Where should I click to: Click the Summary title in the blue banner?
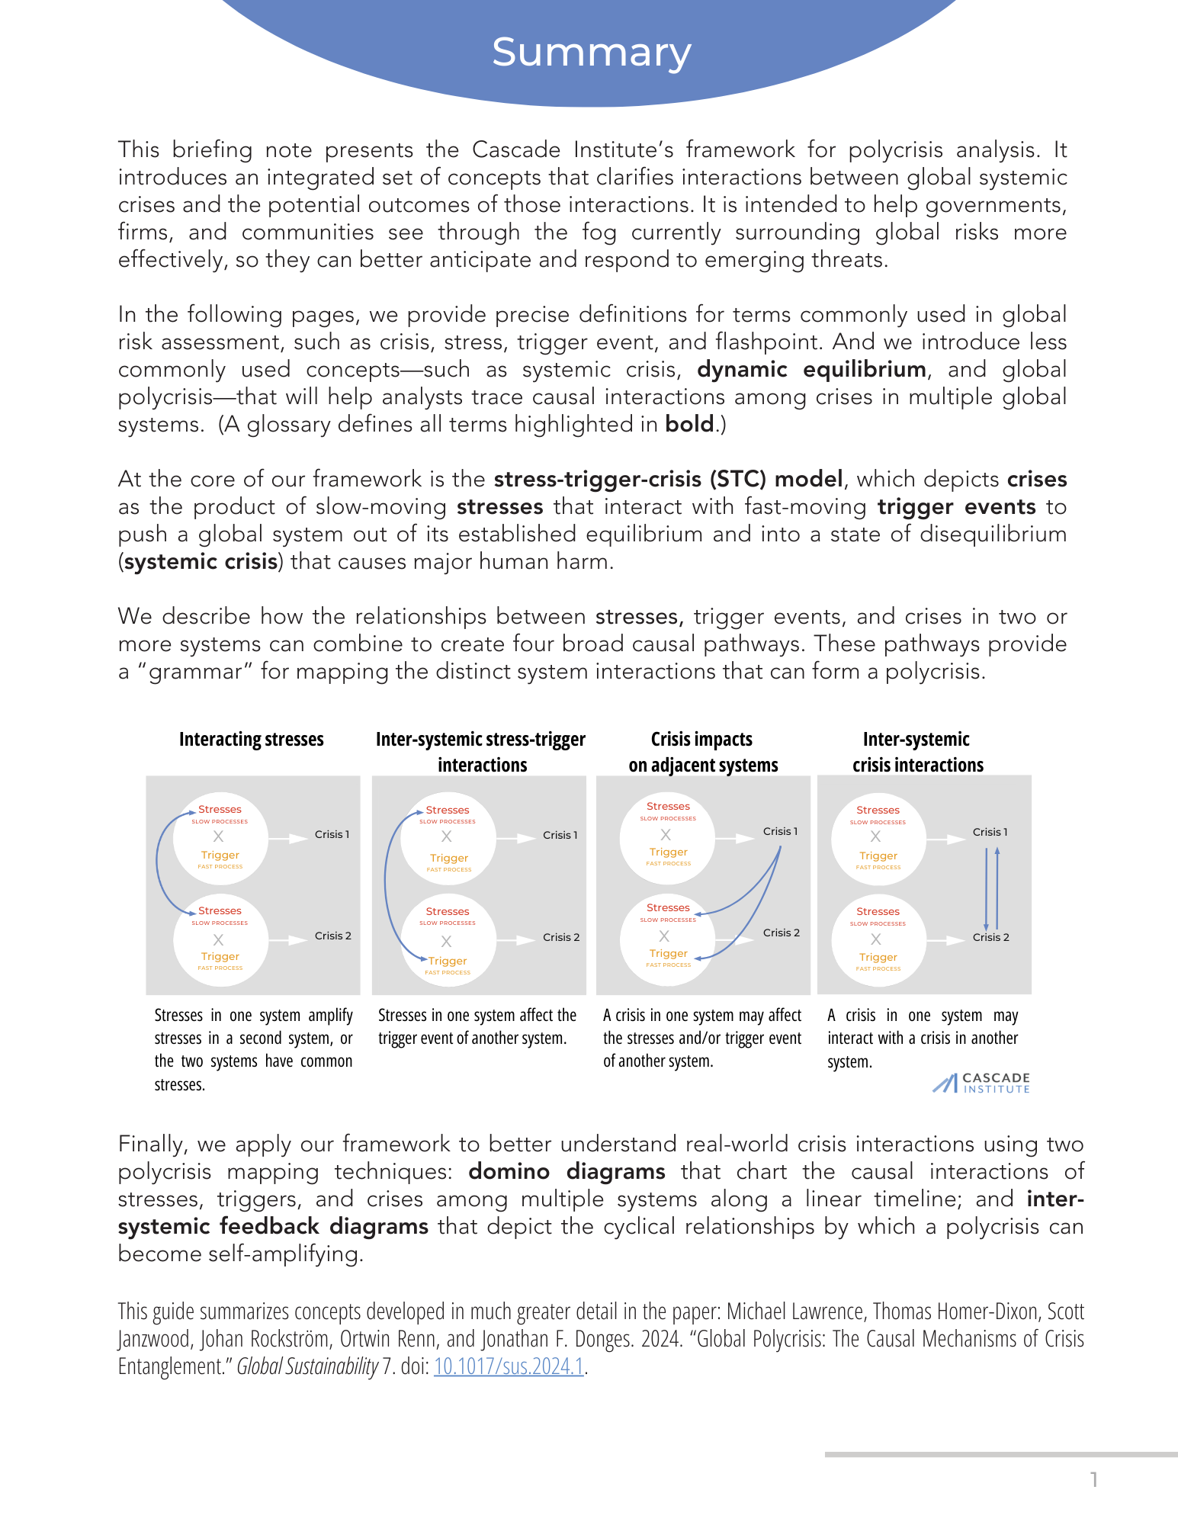[591, 53]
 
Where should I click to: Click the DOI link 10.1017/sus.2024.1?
[509, 1366]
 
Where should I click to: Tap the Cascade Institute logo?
[981, 1083]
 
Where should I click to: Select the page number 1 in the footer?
[1094, 1479]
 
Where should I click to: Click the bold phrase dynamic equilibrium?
[811, 370]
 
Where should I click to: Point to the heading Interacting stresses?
[251, 739]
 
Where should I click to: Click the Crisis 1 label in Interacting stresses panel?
[332, 834]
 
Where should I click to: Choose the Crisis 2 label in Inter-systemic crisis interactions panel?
[990, 937]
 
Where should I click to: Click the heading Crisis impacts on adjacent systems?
[702, 752]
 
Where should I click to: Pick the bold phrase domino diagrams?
[567, 1171]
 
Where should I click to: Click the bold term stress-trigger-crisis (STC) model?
[668, 480]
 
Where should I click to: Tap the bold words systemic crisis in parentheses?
[201, 562]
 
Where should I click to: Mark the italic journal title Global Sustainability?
[307, 1366]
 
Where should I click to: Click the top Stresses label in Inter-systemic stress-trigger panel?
[448, 810]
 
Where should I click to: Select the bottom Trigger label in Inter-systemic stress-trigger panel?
[448, 961]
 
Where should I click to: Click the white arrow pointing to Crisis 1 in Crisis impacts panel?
[737, 838]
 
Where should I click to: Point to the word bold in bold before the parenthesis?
[689, 425]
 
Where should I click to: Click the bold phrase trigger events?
[956, 507]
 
